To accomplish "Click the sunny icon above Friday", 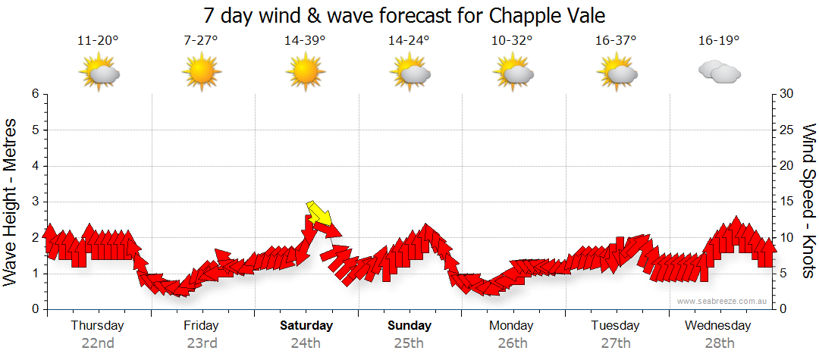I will click(x=201, y=73).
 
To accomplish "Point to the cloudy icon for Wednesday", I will click(x=719, y=73).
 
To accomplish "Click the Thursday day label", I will click(x=97, y=326).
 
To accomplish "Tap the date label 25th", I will click(x=409, y=343).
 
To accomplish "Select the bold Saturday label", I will click(x=306, y=326).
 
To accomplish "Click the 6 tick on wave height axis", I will click(x=35, y=94).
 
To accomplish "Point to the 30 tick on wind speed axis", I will click(x=787, y=94).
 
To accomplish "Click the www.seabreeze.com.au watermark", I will click(x=723, y=301).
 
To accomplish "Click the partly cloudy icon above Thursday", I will click(x=99, y=73).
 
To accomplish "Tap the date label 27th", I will click(x=616, y=343).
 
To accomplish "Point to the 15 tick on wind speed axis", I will click(x=787, y=202).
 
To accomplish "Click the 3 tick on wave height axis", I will click(x=35, y=202).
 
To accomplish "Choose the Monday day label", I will click(x=511, y=326).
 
